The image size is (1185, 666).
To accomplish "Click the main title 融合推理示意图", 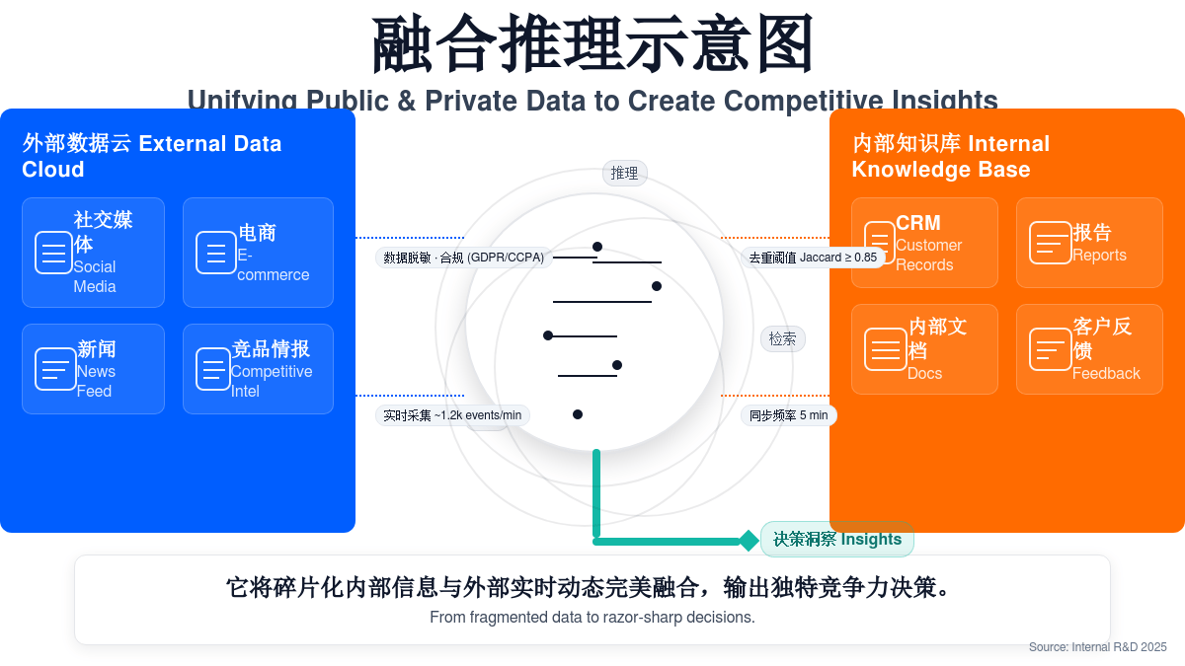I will tap(592, 44).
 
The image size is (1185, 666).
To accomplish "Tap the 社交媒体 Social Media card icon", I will tap(53, 253).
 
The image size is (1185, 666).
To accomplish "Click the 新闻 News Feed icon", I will tap(55, 369).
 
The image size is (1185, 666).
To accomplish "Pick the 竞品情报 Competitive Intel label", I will tap(271, 369).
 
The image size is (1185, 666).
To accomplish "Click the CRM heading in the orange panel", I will tap(918, 223).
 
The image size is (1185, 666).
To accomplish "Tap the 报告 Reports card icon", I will tap(1050, 243).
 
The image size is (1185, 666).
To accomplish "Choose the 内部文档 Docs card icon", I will tap(885, 349).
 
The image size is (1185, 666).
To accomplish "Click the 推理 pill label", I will tap(624, 174).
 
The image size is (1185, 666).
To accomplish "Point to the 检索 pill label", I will tap(782, 338).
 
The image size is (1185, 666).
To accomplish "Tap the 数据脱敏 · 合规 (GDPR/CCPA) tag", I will tap(463, 258).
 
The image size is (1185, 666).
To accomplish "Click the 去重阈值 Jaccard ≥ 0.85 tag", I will tap(812, 258).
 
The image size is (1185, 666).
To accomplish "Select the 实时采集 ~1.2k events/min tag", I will tap(452, 415).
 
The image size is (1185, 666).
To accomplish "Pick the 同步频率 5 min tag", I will tap(788, 415).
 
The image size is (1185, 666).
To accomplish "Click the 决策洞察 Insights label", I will tap(837, 539).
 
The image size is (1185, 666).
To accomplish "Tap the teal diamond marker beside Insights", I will tap(750, 541).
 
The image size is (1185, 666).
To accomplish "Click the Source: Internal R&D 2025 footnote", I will tap(1097, 647).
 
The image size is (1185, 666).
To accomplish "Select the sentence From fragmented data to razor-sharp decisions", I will tap(592, 618).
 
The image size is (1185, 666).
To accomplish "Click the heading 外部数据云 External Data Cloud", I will tap(152, 156).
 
